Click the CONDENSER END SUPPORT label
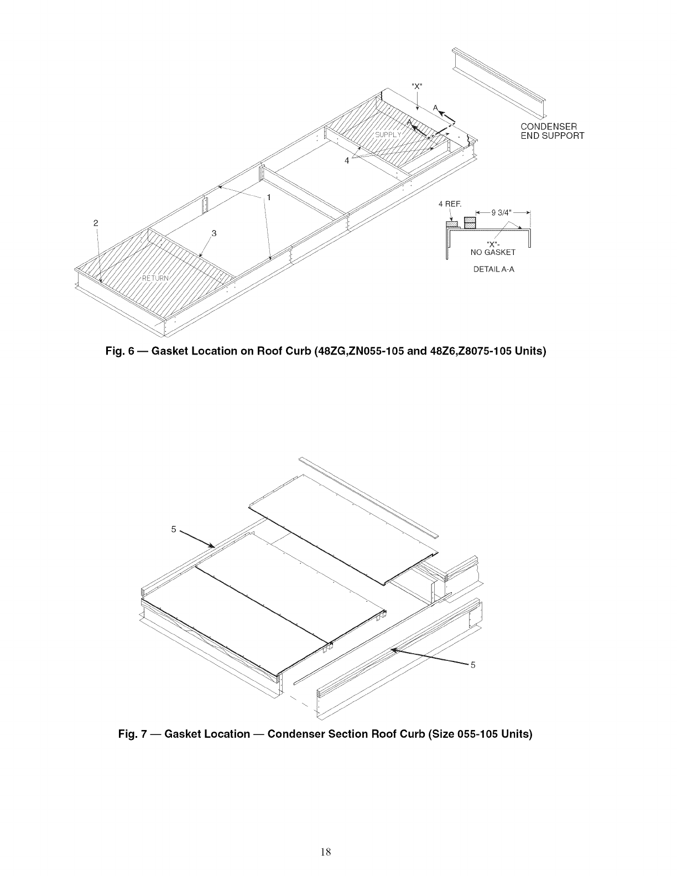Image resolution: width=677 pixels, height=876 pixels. (552, 131)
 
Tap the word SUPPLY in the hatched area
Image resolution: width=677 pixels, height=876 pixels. (389, 135)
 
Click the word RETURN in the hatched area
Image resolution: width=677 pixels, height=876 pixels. (157, 278)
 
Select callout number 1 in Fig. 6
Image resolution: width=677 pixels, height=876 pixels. (269, 197)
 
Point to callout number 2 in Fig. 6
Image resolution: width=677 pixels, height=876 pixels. (96, 223)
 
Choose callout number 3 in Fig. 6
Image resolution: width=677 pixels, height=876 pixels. (214, 233)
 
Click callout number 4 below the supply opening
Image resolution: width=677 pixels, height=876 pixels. (347, 160)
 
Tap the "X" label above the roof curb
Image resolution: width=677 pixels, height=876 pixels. (417, 86)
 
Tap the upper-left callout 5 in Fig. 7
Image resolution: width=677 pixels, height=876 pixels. (173, 529)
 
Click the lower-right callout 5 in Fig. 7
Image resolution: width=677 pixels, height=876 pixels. (472, 665)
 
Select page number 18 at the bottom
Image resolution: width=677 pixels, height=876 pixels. (326, 852)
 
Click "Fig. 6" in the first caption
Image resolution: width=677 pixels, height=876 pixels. (122, 352)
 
